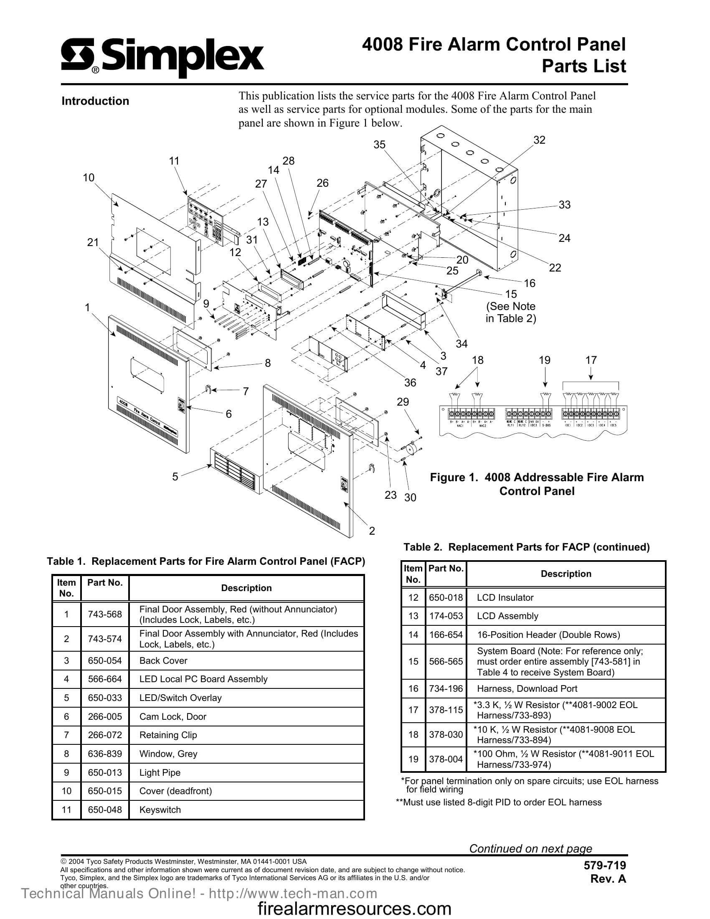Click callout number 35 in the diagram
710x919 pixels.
click(379, 145)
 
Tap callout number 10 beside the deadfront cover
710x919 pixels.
click(88, 178)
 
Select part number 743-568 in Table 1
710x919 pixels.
click(105, 614)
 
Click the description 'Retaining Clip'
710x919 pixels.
click(168, 735)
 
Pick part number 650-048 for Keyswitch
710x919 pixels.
click(105, 810)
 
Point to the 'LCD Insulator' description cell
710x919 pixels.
click(505, 597)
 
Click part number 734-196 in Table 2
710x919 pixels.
click(446, 689)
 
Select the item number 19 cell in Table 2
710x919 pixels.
click(413, 759)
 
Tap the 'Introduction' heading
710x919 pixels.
click(95, 101)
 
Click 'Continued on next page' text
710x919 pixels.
click(530, 848)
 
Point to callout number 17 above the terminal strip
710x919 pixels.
click(591, 360)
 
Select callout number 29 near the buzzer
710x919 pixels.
click(403, 402)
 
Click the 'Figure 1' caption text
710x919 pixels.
click(536, 484)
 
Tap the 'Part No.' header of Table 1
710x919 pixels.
click(105, 583)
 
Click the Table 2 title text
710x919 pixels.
click(527, 547)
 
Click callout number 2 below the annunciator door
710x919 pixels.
click(372, 531)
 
